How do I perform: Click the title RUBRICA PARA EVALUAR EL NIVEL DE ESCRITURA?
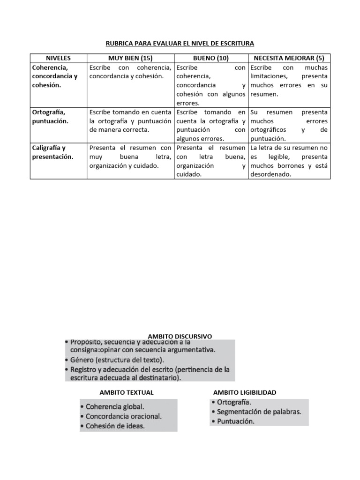pyautogui.click(x=180, y=44)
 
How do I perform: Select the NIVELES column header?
pyautogui.click(x=59, y=58)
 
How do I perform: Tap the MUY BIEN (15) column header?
pyautogui.click(x=130, y=58)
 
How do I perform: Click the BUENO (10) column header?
pyautogui.click(x=210, y=58)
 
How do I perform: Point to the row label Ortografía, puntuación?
pyautogui.click(x=50, y=117)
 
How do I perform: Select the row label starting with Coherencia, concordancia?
pyautogui.click(x=54, y=76)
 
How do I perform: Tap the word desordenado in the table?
pyautogui.click(x=271, y=175)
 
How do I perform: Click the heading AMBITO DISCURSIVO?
pyautogui.click(x=180, y=336)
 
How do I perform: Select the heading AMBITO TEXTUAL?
pyautogui.click(x=127, y=392)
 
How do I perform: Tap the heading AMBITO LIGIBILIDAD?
pyautogui.click(x=244, y=392)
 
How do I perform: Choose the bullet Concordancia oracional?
pyautogui.click(x=123, y=416)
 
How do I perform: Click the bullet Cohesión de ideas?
pyautogui.click(x=115, y=426)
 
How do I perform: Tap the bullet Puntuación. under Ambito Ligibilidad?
pyautogui.click(x=235, y=421)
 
